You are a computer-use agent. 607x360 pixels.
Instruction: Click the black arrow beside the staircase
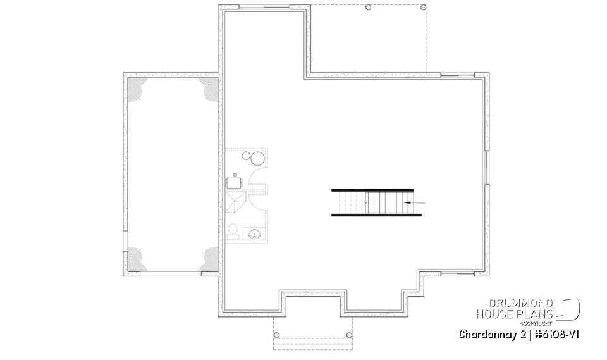[x=408, y=202]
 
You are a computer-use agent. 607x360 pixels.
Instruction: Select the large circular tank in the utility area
[x=259, y=158]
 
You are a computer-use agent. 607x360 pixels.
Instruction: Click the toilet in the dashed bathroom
[x=232, y=231]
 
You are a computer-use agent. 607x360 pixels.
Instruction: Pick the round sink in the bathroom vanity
[x=256, y=234]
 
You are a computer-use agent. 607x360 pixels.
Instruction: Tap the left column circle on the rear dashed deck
[x=369, y=7]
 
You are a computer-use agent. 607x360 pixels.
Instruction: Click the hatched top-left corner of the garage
[x=137, y=87]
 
